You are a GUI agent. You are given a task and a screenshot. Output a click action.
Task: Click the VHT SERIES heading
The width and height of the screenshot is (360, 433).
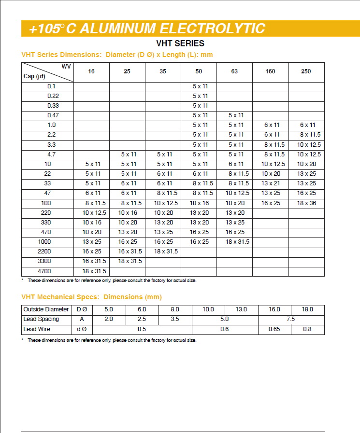tap(180, 43)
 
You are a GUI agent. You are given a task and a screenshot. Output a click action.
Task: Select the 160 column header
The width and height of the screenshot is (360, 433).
tap(270, 71)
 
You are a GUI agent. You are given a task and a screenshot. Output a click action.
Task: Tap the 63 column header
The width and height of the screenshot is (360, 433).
tap(234, 71)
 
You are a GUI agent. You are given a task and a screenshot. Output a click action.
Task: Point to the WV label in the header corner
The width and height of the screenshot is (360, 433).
tap(66, 66)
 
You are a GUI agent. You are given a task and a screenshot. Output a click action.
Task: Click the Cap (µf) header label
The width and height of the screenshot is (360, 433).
tap(34, 76)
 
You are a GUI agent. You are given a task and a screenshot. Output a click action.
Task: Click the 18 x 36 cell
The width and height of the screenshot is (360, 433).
tap(306, 203)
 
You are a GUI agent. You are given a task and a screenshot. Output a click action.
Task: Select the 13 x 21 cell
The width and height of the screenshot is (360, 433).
tap(271, 183)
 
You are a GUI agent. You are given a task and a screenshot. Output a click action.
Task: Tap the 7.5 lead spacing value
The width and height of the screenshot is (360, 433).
tap(290, 319)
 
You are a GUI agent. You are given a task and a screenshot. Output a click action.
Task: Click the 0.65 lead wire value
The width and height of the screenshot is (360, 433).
tap(274, 329)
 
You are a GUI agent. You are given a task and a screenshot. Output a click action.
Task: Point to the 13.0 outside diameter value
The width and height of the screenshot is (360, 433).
tap(241, 309)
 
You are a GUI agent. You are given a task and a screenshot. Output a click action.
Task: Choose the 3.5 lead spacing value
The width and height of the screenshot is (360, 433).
tap(175, 319)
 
